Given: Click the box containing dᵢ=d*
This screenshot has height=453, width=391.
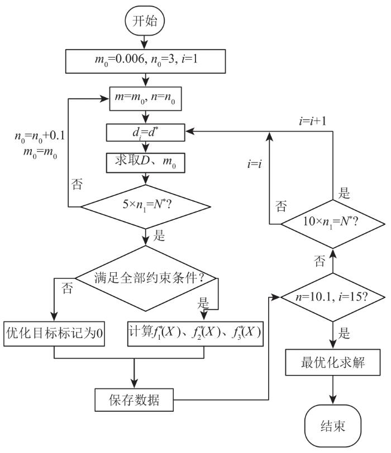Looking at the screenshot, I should tap(146, 132).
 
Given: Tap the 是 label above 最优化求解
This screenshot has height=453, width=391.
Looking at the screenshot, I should tap(345, 334).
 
